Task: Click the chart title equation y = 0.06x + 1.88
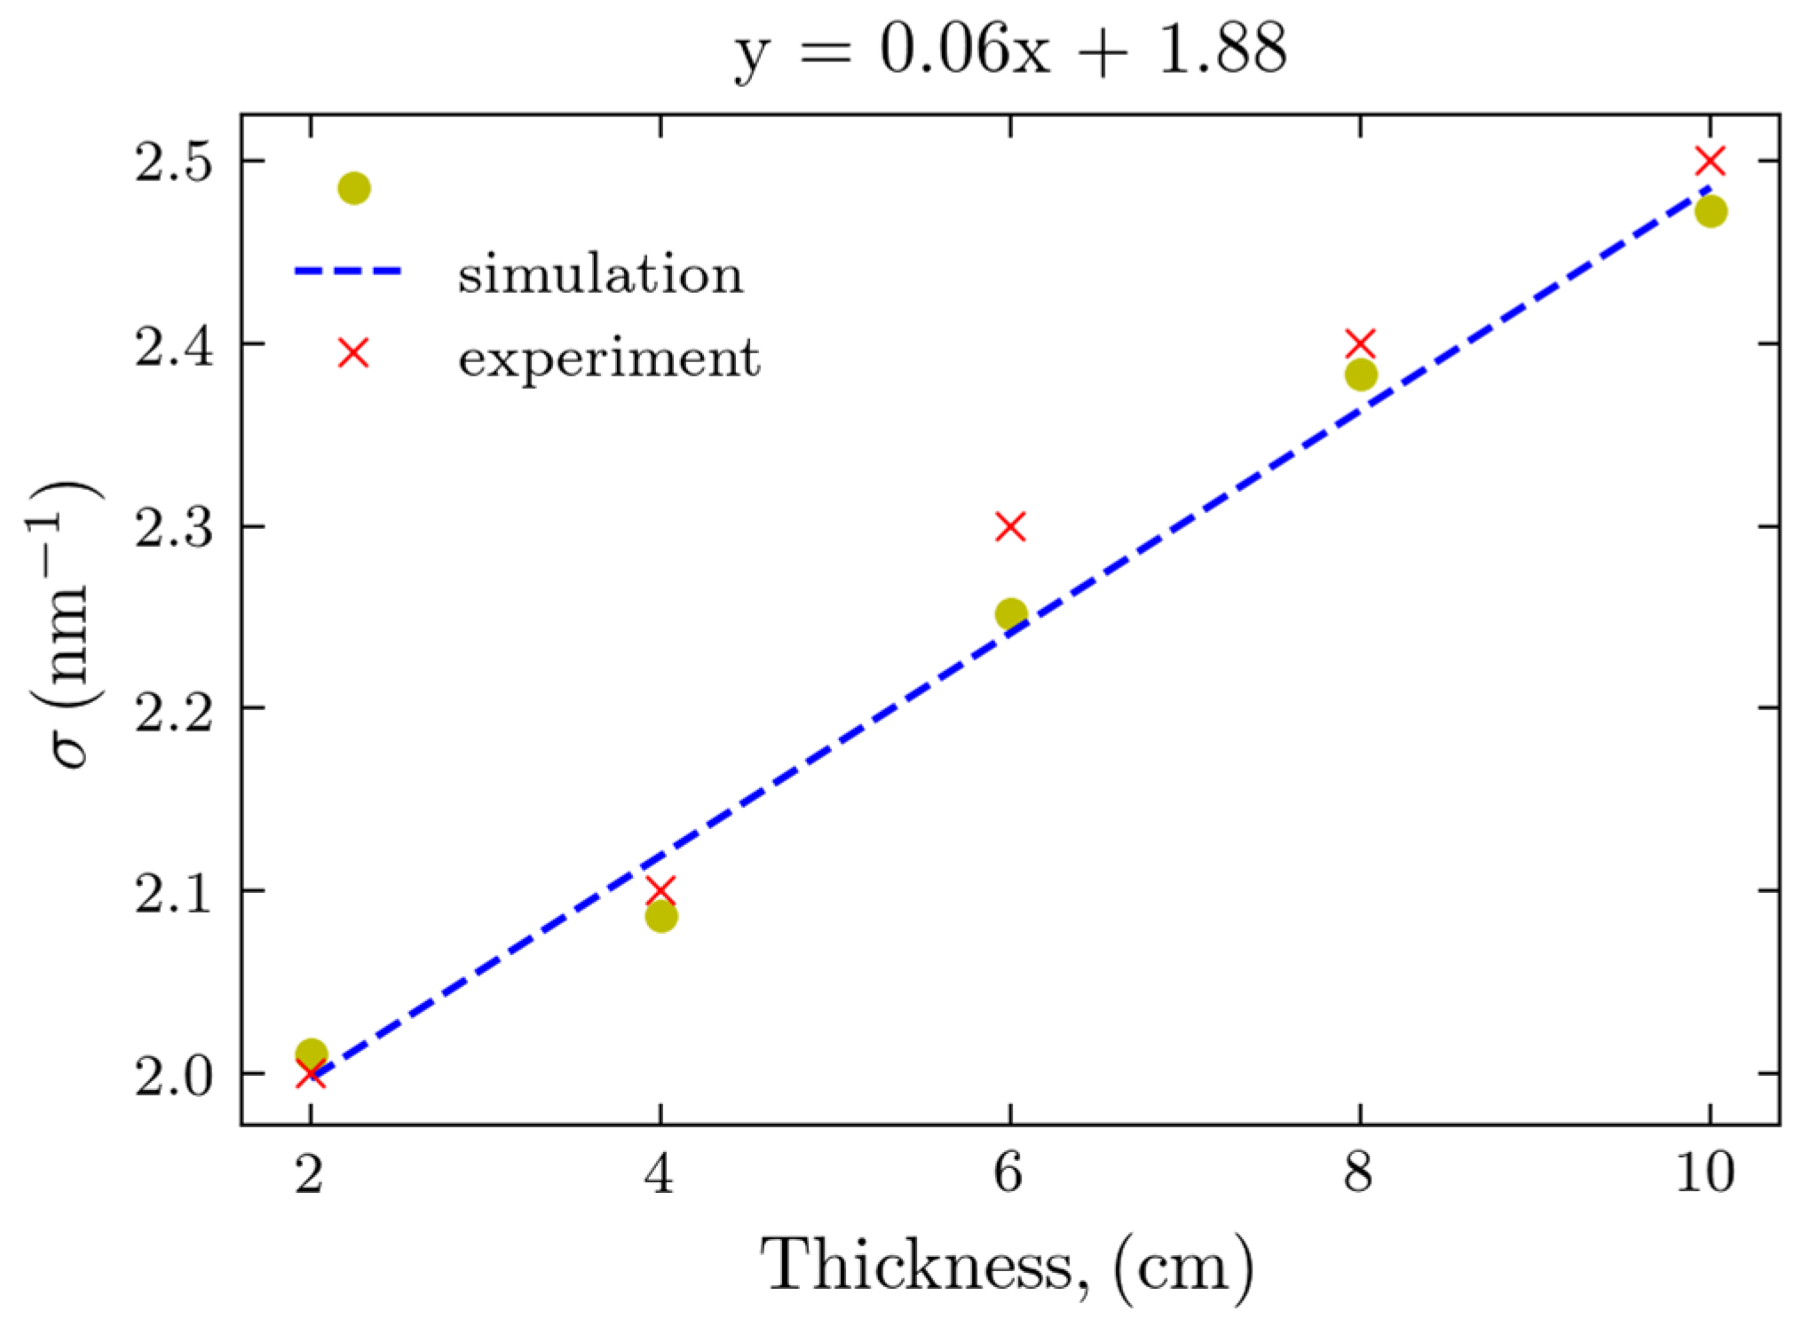coord(1010,50)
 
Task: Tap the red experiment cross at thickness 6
coord(1010,526)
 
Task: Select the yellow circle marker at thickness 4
coord(660,916)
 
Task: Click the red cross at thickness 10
coord(1710,162)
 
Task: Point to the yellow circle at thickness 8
coord(1360,375)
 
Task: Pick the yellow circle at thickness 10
coord(1710,211)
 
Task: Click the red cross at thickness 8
coord(1360,344)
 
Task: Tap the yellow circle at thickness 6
coord(1010,613)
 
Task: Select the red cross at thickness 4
coord(660,889)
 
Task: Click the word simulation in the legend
coord(600,273)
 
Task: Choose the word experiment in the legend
coord(609,358)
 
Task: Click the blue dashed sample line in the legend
coord(348,271)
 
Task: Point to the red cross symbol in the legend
coord(353,353)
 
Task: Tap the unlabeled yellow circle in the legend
coord(354,188)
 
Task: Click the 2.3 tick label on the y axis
coord(174,529)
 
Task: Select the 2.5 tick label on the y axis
coord(174,163)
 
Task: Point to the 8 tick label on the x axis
coord(1358,1173)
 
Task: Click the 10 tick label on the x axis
coord(1704,1173)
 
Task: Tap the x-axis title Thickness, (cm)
coord(1008,1268)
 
